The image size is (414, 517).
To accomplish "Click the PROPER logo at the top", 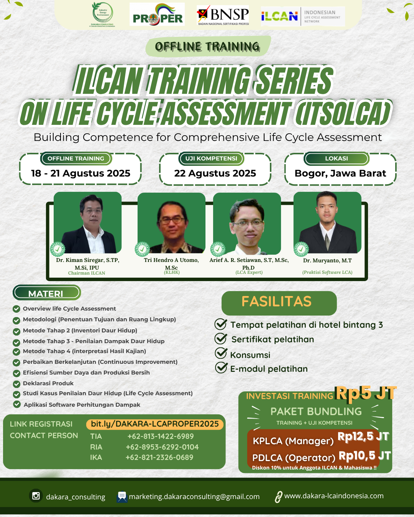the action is point(157,14).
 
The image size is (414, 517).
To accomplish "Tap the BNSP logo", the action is point(223,15).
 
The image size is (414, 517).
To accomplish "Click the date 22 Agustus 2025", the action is point(215,173).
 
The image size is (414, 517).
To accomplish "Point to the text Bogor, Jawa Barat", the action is point(340,173).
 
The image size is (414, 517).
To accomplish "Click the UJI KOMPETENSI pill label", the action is point(211,159).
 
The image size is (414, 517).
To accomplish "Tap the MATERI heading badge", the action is point(47,293).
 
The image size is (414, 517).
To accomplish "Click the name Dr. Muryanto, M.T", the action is point(327,260).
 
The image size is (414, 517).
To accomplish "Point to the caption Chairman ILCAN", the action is point(87,273).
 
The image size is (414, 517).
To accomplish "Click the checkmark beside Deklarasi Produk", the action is point(16,384).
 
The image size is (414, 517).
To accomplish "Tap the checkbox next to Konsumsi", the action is point(221,353).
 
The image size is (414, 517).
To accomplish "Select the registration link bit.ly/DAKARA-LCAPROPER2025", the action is point(155,424).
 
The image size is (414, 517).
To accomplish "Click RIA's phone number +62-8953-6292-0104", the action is point(162,447).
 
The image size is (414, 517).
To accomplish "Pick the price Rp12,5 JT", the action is point(363,436).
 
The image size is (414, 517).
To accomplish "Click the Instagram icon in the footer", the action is point(36,496).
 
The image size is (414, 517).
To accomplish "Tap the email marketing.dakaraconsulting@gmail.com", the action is point(194,496).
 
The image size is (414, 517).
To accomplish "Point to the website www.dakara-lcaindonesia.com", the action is point(334,496).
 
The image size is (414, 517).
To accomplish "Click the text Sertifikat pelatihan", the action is point(273,339).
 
